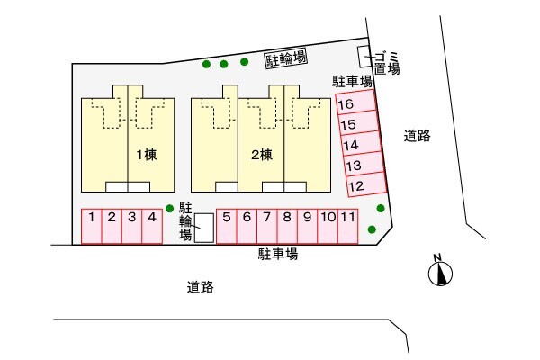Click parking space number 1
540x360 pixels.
point(91,226)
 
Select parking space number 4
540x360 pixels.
point(152,226)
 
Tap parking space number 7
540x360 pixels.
point(267,226)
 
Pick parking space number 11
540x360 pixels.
point(347,226)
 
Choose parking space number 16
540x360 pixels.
point(355,103)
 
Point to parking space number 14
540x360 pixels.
point(361,144)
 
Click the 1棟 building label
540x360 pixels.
point(147,155)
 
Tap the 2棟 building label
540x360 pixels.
point(262,155)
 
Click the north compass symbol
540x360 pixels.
point(440,273)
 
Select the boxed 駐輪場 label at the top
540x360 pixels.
point(286,59)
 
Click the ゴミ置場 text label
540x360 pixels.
point(387,63)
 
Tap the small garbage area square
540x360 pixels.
point(364,57)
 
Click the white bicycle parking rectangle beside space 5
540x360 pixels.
point(204,228)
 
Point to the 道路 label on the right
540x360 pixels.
point(417,136)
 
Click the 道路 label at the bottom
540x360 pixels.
point(201,287)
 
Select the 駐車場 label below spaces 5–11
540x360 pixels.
point(278,254)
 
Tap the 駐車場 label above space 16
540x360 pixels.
point(352,82)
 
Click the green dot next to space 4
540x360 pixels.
point(169,209)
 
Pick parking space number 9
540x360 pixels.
point(307,226)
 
